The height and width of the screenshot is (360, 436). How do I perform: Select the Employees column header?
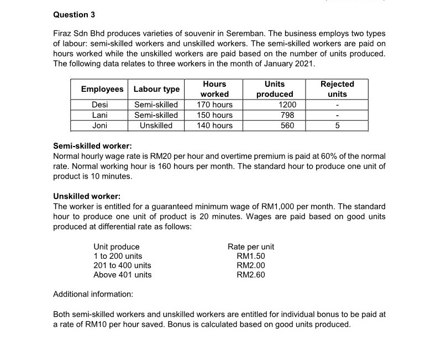(x=102, y=89)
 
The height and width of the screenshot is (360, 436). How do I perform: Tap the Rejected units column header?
(x=337, y=89)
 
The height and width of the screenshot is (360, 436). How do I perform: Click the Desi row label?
(x=100, y=105)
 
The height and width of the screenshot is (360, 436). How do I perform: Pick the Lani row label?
(x=100, y=115)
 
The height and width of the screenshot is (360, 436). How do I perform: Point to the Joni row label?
(x=100, y=126)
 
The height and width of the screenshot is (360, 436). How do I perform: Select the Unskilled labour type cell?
(x=156, y=126)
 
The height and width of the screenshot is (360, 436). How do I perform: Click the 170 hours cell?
(x=214, y=105)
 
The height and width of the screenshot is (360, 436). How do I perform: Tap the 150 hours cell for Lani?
(x=214, y=115)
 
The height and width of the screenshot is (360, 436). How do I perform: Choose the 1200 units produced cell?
(x=287, y=105)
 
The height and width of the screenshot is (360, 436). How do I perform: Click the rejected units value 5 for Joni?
(x=338, y=126)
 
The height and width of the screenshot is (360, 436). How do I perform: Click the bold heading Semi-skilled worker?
(x=92, y=147)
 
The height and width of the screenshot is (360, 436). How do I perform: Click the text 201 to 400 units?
(x=122, y=265)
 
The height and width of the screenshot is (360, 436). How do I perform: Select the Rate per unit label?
(x=251, y=247)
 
